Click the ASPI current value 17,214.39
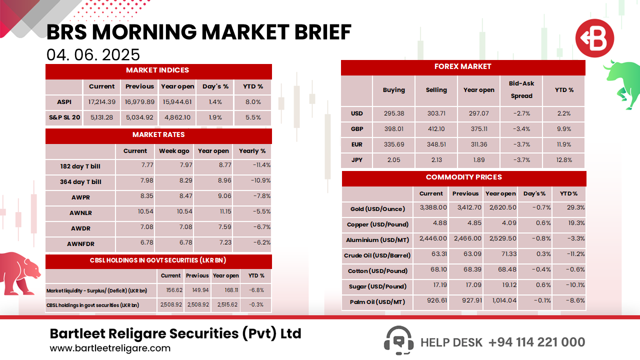pyautogui.click(x=102, y=102)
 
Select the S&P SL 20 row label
pyautogui.click(x=64, y=117)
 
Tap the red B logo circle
pyautogui.click(x=594, y=38)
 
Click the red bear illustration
pyautogui.click(x=19, y=272)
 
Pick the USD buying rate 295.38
pyautogui.click(x=393, y=113)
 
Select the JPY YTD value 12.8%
pyautogui.click(x=563, y=160)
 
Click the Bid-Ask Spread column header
pyautogui.click(x=521, y=90)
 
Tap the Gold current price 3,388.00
pyautogui.click(x=431, y=207)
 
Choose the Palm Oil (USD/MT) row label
pyautogui.click(x=377, y=302)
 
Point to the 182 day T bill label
pyautogui.click(x=80, y=166)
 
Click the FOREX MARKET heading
pyautogui.click(x=463, y=66)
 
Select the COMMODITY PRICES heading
pyautogui.click(x=464, y=177)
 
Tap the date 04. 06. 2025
pyautogui.click(x=93, y=54)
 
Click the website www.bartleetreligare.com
pyautogui.click(x=110, y=348)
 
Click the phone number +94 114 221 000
pyautogui.click(x=536, y=342)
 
